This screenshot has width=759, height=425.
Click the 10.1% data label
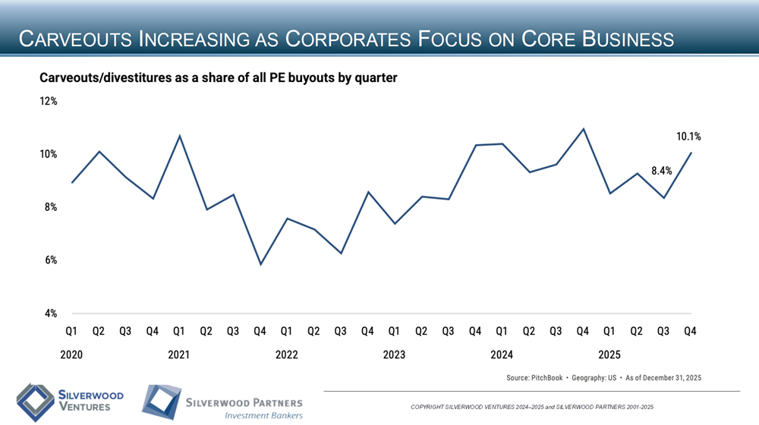coord(688,137)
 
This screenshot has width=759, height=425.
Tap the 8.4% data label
coord(662,171)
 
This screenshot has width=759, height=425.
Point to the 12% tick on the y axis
coord(49,101)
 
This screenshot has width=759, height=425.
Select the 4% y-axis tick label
coord(49,313)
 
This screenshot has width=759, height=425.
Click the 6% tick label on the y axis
coord(49,260)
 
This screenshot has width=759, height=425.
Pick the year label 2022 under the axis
coord(287,354)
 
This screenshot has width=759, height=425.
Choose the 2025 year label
coord(609,354)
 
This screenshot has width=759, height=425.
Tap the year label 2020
coord(71,354)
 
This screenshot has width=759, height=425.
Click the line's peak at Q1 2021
coord(179,137)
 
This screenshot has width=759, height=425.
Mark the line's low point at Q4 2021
coord(260,264)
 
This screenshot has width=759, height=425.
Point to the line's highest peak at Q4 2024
coord(583,129)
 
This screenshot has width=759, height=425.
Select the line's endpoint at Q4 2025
coord(691,153)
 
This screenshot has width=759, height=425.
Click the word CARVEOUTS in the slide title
coord(75,39)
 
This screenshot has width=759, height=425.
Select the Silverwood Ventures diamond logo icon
coord(32,401)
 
